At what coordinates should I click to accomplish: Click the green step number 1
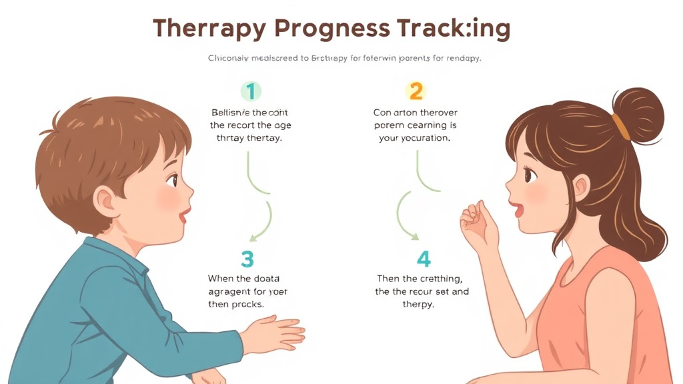tap(251, 91)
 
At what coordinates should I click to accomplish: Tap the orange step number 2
tap(415, 91)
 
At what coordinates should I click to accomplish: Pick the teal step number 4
tap(424, 259)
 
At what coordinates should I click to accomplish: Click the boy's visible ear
tap(106, 199)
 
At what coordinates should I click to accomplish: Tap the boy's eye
tap(172, 180)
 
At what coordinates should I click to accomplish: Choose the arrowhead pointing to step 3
tap(254, 236)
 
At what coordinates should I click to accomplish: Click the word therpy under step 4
tap(418, 304)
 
